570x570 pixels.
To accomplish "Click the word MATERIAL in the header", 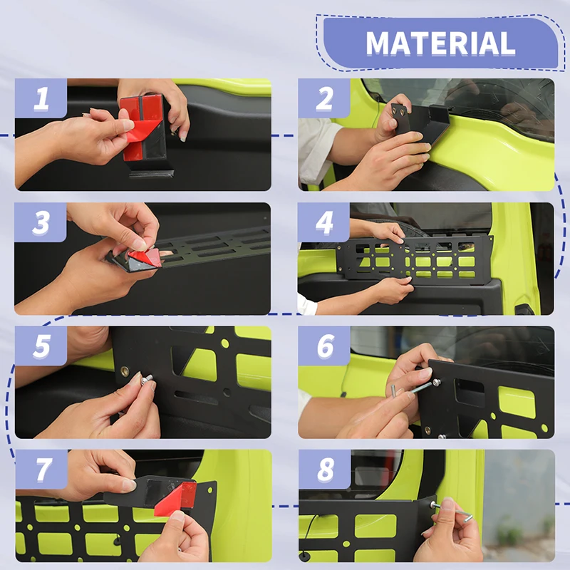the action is [440, 43].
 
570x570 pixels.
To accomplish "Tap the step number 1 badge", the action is [41, 98].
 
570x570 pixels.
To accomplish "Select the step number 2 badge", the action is [324, 98].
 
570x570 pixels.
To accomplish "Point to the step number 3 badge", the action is [41, 222].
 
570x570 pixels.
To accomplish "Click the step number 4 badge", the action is [323, 222].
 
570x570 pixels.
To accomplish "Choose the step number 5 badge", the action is [41, 346].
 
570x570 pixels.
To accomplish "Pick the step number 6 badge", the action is [324, 346].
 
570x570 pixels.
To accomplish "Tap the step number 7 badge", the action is [41, 470].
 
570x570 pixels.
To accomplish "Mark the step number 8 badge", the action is [325, 470].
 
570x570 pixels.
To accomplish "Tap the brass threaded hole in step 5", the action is [125, 371].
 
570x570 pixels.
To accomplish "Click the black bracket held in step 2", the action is [422, 122].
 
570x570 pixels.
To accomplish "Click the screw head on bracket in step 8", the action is [432, 504].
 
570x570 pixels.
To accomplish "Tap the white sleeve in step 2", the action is [316, 151].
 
